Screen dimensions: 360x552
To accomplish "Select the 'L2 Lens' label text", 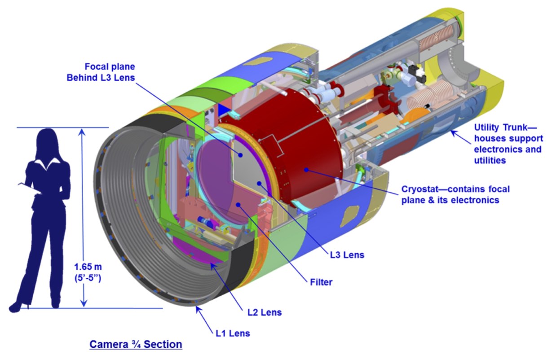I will click(265, 312).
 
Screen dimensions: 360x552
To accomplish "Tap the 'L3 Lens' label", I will click(346, 255).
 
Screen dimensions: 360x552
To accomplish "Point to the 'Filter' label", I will click(321, 282).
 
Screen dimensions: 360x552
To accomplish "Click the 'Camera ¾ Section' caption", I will click(136, 344).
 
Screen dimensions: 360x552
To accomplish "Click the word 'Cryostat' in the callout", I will click(419, 189).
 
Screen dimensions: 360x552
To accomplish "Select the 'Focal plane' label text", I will click(114, 66).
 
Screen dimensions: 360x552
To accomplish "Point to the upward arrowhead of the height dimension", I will click(83, 132).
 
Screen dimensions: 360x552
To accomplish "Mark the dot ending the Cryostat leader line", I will click(305, 170).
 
